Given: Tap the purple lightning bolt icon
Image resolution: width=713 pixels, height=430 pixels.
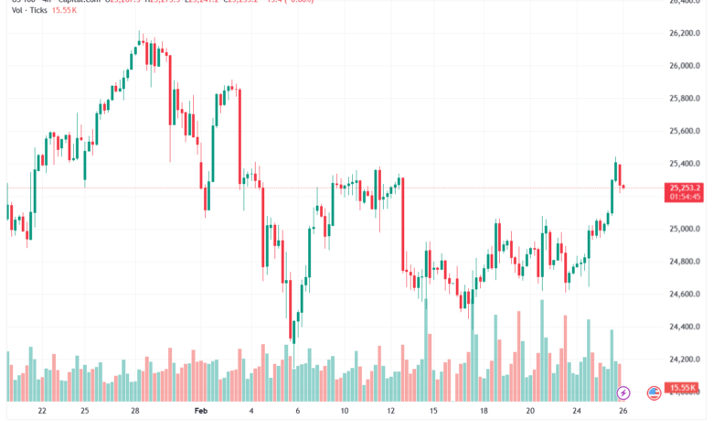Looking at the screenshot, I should [623, 393].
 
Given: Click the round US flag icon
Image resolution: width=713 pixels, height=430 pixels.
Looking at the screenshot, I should [654, 393].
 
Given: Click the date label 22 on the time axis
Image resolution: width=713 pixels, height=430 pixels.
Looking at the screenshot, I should [42, 413].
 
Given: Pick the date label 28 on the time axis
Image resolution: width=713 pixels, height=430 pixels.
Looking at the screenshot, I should [135, 413].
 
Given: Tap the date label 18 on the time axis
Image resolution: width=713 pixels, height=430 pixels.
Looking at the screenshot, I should [484, 413].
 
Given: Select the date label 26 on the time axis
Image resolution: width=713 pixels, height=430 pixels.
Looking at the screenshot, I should [622, 413].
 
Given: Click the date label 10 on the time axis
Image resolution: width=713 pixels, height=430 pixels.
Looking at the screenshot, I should [345, 413].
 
